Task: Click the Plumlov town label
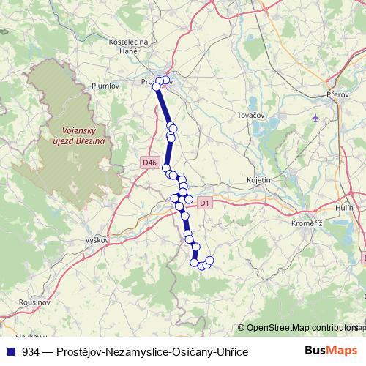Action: click(105, 86)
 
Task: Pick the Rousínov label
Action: click(34, 302)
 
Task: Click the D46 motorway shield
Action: click(149, 162)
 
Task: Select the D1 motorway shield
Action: click(204, 202)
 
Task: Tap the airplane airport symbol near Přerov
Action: click(315, 117)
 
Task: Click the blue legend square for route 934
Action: click(10, 352)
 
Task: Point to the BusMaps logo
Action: click(331, 351)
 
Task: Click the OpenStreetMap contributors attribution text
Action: click(302, 329)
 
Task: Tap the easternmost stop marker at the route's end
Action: click(209, 261)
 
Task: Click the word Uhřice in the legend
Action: click(231, 352)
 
